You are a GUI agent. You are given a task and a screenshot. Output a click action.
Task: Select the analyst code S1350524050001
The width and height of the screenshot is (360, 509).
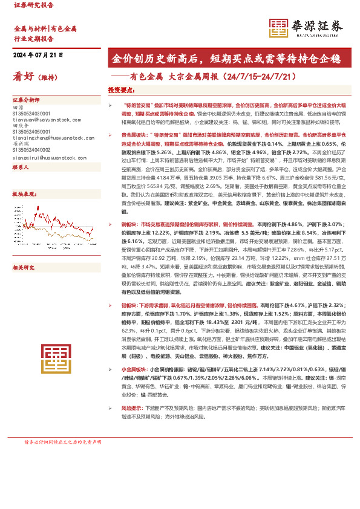pos(31,131)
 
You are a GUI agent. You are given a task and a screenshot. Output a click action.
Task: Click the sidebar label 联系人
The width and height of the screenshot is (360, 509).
pos(21,167)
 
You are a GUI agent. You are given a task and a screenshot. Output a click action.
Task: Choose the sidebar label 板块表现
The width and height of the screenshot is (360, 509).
pos(22,195)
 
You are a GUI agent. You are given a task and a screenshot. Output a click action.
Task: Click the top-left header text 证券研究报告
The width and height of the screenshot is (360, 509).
pos(33,5)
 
